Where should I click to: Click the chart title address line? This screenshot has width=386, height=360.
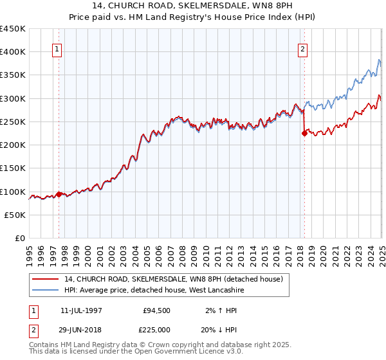[193, 5]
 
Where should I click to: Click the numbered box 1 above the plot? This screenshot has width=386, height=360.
[57, 49]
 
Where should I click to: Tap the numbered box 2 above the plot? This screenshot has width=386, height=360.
[302, 49]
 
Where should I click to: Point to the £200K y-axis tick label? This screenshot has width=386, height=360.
[14, 145]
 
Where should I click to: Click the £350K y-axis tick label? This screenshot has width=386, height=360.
[14, 75]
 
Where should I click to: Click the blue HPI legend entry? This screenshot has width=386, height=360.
[154, 291]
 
